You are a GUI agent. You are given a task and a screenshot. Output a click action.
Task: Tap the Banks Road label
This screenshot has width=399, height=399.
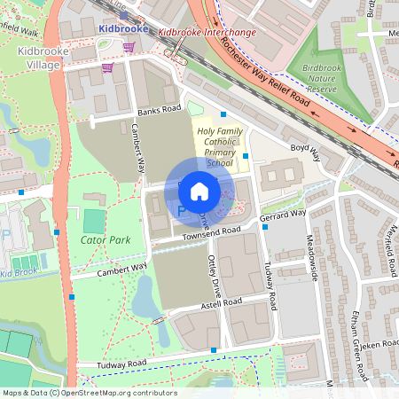[159, 112]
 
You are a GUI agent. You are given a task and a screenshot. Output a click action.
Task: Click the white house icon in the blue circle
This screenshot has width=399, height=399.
[199, 191]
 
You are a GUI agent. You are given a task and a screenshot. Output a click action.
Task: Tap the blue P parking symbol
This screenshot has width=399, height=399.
[182, 211]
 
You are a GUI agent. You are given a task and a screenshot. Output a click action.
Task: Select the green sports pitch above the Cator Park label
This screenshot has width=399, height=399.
[93, 220]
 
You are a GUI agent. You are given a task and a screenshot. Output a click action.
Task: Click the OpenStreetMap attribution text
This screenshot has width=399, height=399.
[89, 393]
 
